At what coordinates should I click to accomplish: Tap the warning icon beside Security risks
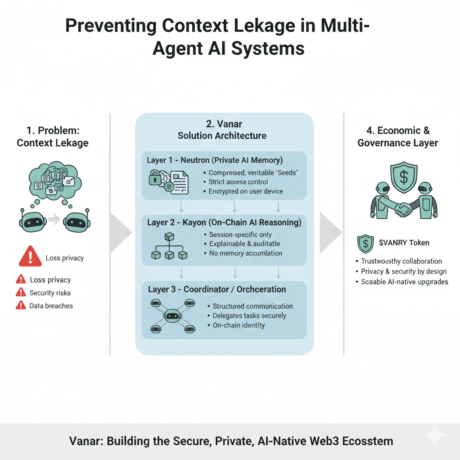[21, 292]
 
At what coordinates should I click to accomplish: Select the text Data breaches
[51, 305]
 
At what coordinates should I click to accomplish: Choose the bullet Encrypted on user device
[245, 191]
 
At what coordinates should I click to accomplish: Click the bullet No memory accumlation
[246, 253]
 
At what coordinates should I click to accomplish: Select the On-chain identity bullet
[239, 325]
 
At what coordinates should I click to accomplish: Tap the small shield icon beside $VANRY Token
[365, 243]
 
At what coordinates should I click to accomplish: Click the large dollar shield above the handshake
[403, 177]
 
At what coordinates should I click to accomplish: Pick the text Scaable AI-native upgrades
[404, 282]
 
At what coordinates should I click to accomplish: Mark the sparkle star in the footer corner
[434, 435]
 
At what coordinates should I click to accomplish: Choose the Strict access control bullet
[238, 182]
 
